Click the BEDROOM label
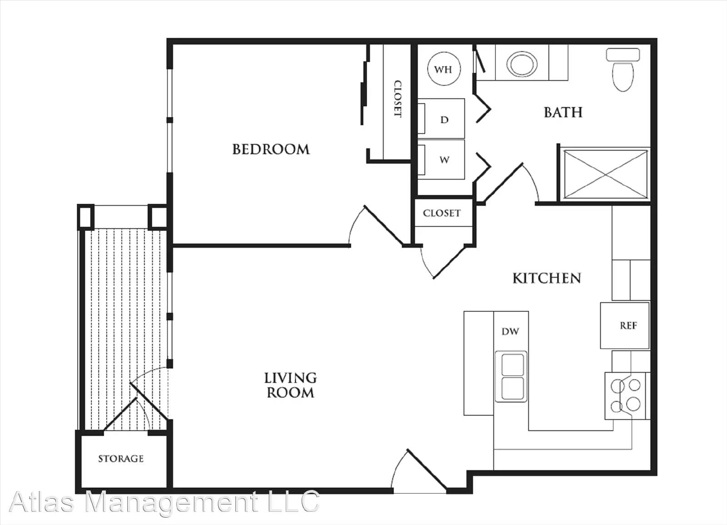[x=271, y=149]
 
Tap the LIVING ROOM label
[x=290, y=385]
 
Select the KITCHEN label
[x=547, y=278]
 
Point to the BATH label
[x=563, y=112]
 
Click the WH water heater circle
[x=443, y=70]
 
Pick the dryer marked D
[x=444, y=119]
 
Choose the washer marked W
[x=444, y=160]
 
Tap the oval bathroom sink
[x=522, y=63]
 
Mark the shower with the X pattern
[x=605, y=175]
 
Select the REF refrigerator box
[x=628, y=325]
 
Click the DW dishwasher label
[x=510, y=331]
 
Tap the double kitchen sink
[x=512, y=376]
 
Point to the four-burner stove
[x=625, y=395]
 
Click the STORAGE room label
[x=121, y=459]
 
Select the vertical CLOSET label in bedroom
[x=398, y=99]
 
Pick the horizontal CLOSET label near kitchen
[x=442, y=213]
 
